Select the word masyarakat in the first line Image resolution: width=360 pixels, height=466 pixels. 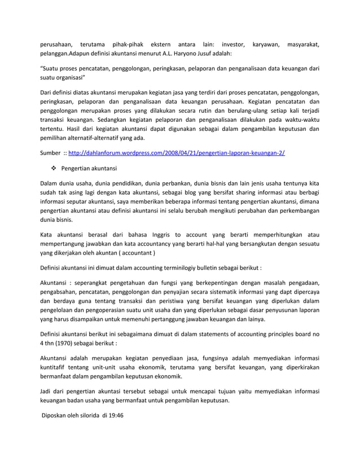coord(304,44)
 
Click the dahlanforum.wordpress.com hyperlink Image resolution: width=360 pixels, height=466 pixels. coord(176,153)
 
